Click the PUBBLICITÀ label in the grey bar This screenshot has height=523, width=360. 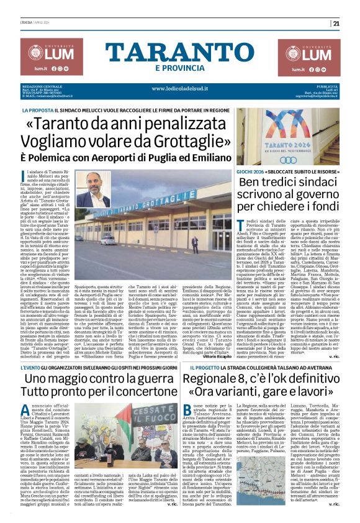(x=326, y=86)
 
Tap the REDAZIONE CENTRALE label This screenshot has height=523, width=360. (x=41, y=86)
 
